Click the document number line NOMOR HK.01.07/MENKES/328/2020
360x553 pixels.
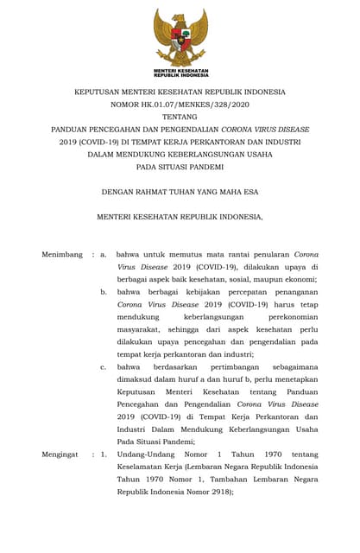(180, 104)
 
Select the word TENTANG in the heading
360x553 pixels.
(180, 117)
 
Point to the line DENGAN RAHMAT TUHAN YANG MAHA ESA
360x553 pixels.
(180, 192)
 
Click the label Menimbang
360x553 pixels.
(62, 255)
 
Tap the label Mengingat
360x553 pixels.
(61, 453)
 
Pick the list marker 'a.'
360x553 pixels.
(104, 255)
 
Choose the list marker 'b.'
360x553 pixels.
(104, 292)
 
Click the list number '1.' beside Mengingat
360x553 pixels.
(104, 453)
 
